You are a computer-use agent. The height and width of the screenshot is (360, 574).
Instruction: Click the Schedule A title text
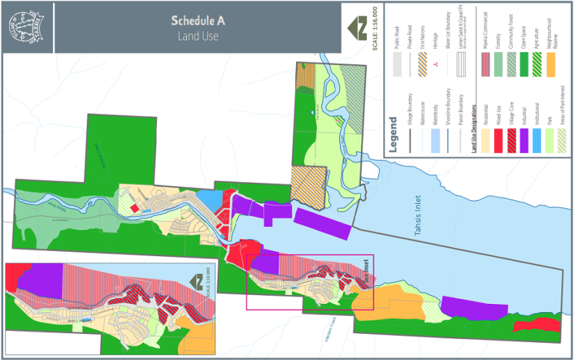pyautogui.click(x=198, y=20)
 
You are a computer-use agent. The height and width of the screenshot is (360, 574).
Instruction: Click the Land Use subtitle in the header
pyautogui.click(x=198, y=36)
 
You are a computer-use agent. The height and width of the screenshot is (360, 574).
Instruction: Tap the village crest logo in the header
pyautogui.click(x=27, y=27)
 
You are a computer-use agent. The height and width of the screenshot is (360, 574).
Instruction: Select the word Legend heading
pyautogui.click(x=393, y=131)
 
